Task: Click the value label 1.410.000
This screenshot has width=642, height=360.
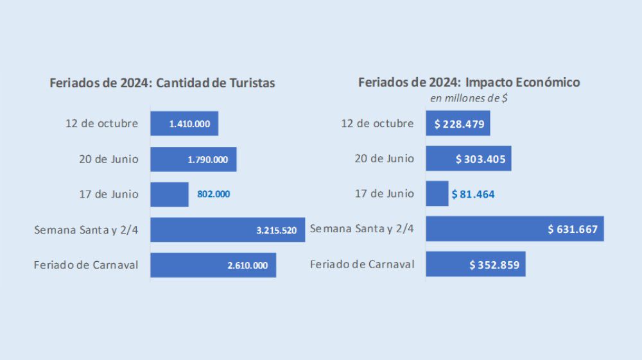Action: pos(189,124)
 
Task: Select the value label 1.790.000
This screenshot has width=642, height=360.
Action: pos(207,159)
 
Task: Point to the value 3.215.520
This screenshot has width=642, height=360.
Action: pos(276,230)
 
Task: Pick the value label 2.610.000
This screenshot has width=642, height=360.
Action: pos(247,265)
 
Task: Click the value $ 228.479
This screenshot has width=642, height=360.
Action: pos(459,124)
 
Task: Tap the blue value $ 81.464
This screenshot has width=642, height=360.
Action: pos(473,194)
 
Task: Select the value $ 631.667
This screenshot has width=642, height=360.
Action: pos(573,229)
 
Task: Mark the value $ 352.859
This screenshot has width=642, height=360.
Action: pos(494,264)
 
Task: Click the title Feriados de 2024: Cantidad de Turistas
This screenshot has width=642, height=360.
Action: pos(162,83)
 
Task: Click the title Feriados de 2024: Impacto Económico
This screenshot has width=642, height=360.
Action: pos(469,82)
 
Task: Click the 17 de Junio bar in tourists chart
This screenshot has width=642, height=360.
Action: pos(169,194)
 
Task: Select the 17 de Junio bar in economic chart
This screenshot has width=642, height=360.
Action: pos(437,194)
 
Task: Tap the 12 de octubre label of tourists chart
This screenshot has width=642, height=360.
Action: pos(101,123)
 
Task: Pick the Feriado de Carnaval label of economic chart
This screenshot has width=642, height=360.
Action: pos(362,264)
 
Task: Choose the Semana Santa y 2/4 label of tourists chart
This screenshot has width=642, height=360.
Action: pos(86,229)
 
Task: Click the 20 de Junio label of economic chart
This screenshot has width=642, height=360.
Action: pos(384,159)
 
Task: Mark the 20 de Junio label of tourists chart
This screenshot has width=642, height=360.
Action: pos(108,159)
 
